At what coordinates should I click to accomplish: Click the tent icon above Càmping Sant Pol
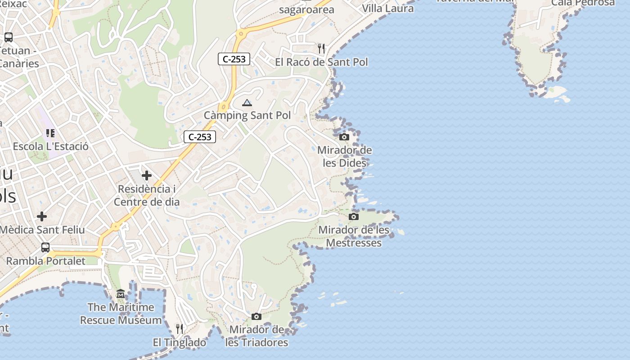pyautogui.click(x=247, y=103)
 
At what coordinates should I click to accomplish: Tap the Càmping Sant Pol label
pyautogui.click(x=247, y=115)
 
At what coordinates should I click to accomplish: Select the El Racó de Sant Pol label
pyautogui.click(x=321, y=62)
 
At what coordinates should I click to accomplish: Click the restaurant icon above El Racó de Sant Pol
pyautogui.click(x=321, y=48)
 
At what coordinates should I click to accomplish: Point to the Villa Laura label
pyautogui.click(x=387, y=8)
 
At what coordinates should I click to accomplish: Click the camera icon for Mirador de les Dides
pyautogui.click(x=344, y=137)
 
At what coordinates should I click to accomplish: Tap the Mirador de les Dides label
pyautogui.click(x=345, y=156)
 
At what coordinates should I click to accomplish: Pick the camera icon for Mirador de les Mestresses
pyautogui.click(x=354, y=217)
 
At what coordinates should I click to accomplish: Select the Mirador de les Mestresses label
pyautogui.click(x=354, y=236)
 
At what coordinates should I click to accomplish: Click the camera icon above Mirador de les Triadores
pyautogui.click(x=256, y=317)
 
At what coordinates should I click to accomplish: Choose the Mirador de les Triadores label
pyautogui.click(x=256, y=336)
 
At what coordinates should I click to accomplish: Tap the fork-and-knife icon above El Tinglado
pyautogui.click(x=180, y=329)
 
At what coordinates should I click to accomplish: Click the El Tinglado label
pyautogui.click(x=180, y=342)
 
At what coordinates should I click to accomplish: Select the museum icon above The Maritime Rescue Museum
pyautogui.click(x=121, y=294)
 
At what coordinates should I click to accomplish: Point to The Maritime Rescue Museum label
pyautogui.click(x=121, y=314)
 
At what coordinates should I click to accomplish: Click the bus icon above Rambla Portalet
pyautogui.click(x=45, y=247)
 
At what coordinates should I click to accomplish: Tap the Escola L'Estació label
pyautogui.click(x=50, y=146)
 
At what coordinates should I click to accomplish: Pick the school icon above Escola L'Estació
pyautogui.click(x=50, y=133)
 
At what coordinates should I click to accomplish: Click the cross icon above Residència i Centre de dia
pyautogui.click(x=147, y=175)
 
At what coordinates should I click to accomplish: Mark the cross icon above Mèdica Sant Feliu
pyautogui.click(x=42, y=216)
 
